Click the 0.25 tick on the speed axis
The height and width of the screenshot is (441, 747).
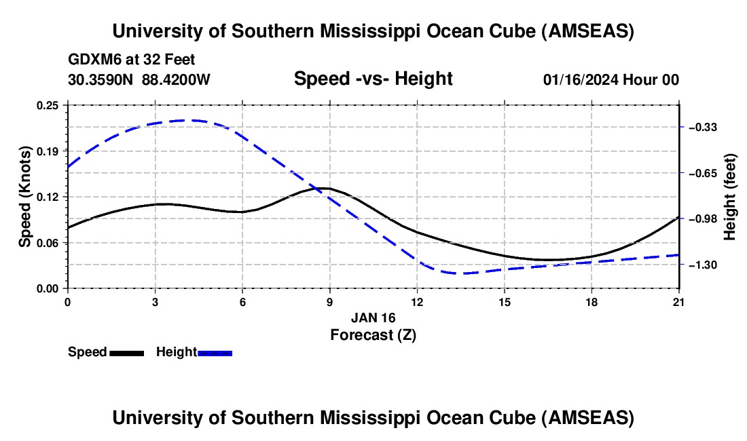[x=49, y=105]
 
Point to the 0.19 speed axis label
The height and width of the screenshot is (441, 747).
[x=49, y=151]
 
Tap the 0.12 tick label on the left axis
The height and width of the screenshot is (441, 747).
[x=49, y=197]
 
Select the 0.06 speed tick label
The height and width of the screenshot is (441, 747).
[x=49, y=242]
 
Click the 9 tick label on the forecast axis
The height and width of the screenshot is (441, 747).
[x=329, y=301]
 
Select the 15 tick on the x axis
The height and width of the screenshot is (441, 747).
[x=505, y=301]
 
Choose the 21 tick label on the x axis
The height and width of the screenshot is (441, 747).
[x=679, y=301]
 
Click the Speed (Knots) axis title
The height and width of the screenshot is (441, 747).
[x=25, y=197]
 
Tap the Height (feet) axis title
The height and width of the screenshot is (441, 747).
[x=730, y=197]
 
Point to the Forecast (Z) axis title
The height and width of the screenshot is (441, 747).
[x=373, y=334]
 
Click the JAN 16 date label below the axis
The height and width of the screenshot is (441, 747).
[x=373, y=318]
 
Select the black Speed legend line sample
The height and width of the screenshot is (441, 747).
[x=126, y=353]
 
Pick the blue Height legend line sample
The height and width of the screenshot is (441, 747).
[x=215, y=353]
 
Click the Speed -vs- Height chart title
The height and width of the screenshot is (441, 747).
[x=373, y=79]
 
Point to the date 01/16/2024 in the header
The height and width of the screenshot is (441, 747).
[x=580, y=80]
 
